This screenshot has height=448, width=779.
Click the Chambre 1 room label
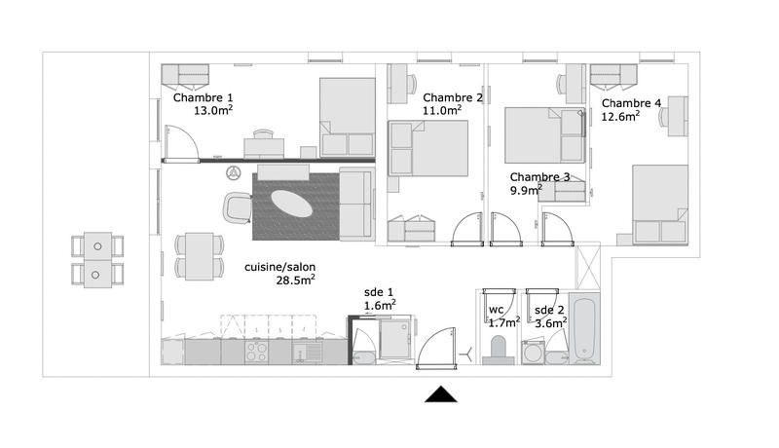pyautogui.click(x=203, y=97)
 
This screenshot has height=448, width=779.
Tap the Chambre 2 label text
pyautogui.click(x=453, y=97)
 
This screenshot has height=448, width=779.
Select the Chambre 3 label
pyautogui.click(x=540, y=177)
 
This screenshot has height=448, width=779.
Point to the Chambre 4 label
pyautogui.click(x=631, y=103)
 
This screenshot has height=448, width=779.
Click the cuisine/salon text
pyautogui.click(x=279, y=267)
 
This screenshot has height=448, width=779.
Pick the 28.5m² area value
pyautogui.click(x=294, y=281)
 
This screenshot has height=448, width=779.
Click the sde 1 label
pyautogui.click(x=379, y=292)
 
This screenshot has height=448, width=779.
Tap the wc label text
pyautogui.click(x=496, y=311)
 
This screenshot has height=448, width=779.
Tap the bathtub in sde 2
pyautogui.click(x=587, y=328)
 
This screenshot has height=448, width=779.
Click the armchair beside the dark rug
pyautogui.click(x=238, y=206)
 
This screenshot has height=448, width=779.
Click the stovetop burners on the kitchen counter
pyautogui.click(x=257, y=355)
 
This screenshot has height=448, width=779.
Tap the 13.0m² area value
pyautogui.click(x=213, y=111)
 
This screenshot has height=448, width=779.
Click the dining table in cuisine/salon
pyautogui.click(x=197, y=255)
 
